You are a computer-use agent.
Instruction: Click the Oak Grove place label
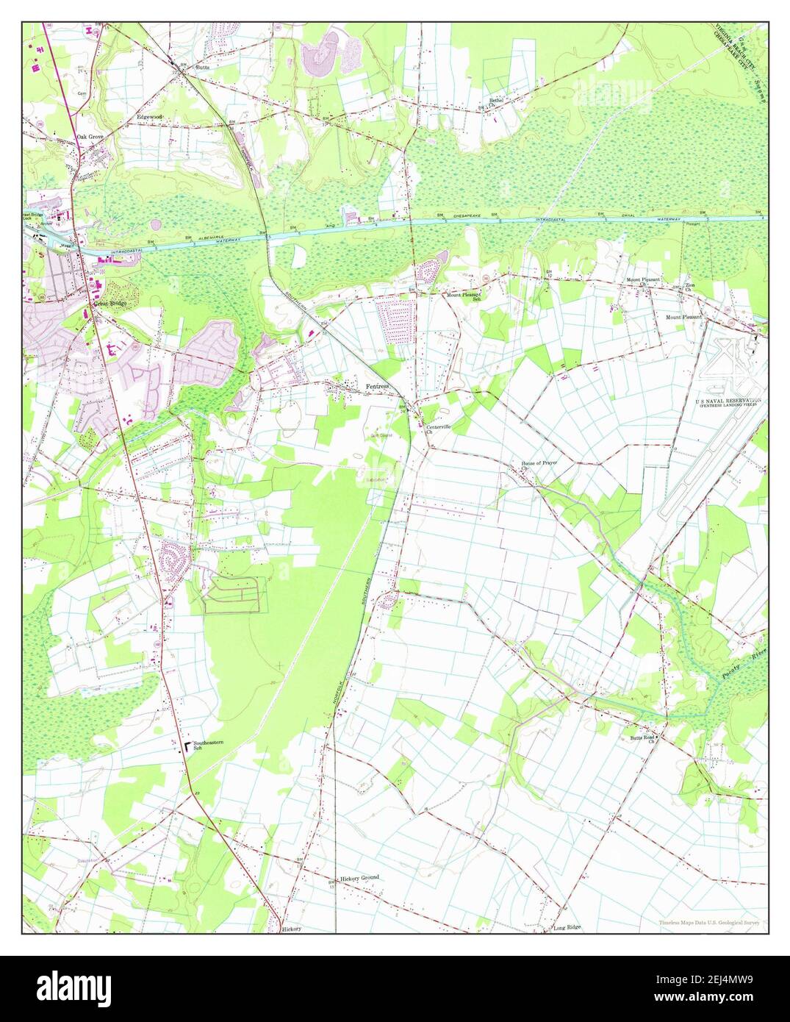tap(88, 136)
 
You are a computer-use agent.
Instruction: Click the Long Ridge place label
tap(567, 927)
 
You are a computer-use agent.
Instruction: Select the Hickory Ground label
tap(359, 878)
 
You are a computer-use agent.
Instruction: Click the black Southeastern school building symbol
tap(187, 747)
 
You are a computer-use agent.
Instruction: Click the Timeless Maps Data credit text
tap(708, 922)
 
